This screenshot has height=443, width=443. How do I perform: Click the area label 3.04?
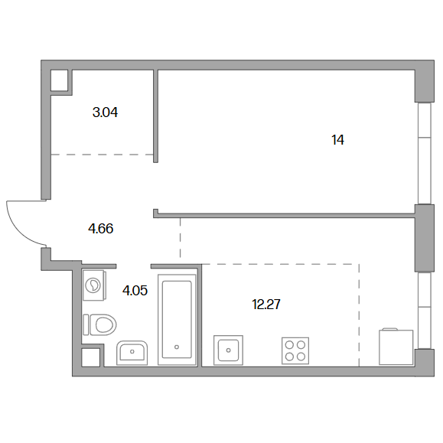click(105, 112)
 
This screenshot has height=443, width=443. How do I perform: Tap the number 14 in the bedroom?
click(338, 140)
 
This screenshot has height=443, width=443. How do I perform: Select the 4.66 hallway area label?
click(101, 229)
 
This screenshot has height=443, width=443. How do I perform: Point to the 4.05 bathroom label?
click(135, 291)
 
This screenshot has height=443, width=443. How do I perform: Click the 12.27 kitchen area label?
click(266, 305)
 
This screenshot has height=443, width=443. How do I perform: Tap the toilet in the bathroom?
click(100, 324)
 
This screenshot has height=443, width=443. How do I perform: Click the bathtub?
click(177, 320)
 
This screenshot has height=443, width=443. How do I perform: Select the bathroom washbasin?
click(132, 353)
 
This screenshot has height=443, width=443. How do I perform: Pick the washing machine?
click(94, 285)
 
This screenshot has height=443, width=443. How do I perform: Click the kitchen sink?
click(228, 350)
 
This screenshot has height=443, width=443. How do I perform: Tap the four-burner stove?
click(295, 350)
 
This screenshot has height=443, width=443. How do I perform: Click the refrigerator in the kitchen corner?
click(396, 347)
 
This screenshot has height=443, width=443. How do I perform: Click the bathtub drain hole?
click(177, 347)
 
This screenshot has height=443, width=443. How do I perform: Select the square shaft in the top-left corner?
click(60, 80)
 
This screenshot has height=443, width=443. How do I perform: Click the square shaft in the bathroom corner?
click(91, 357)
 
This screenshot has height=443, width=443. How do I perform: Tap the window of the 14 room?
click(425, 153)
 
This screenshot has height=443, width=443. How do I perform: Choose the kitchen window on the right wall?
click(425, 310)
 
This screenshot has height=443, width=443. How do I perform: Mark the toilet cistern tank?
click(86, 324)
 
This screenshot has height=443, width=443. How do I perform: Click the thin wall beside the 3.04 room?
click(155, 116)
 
